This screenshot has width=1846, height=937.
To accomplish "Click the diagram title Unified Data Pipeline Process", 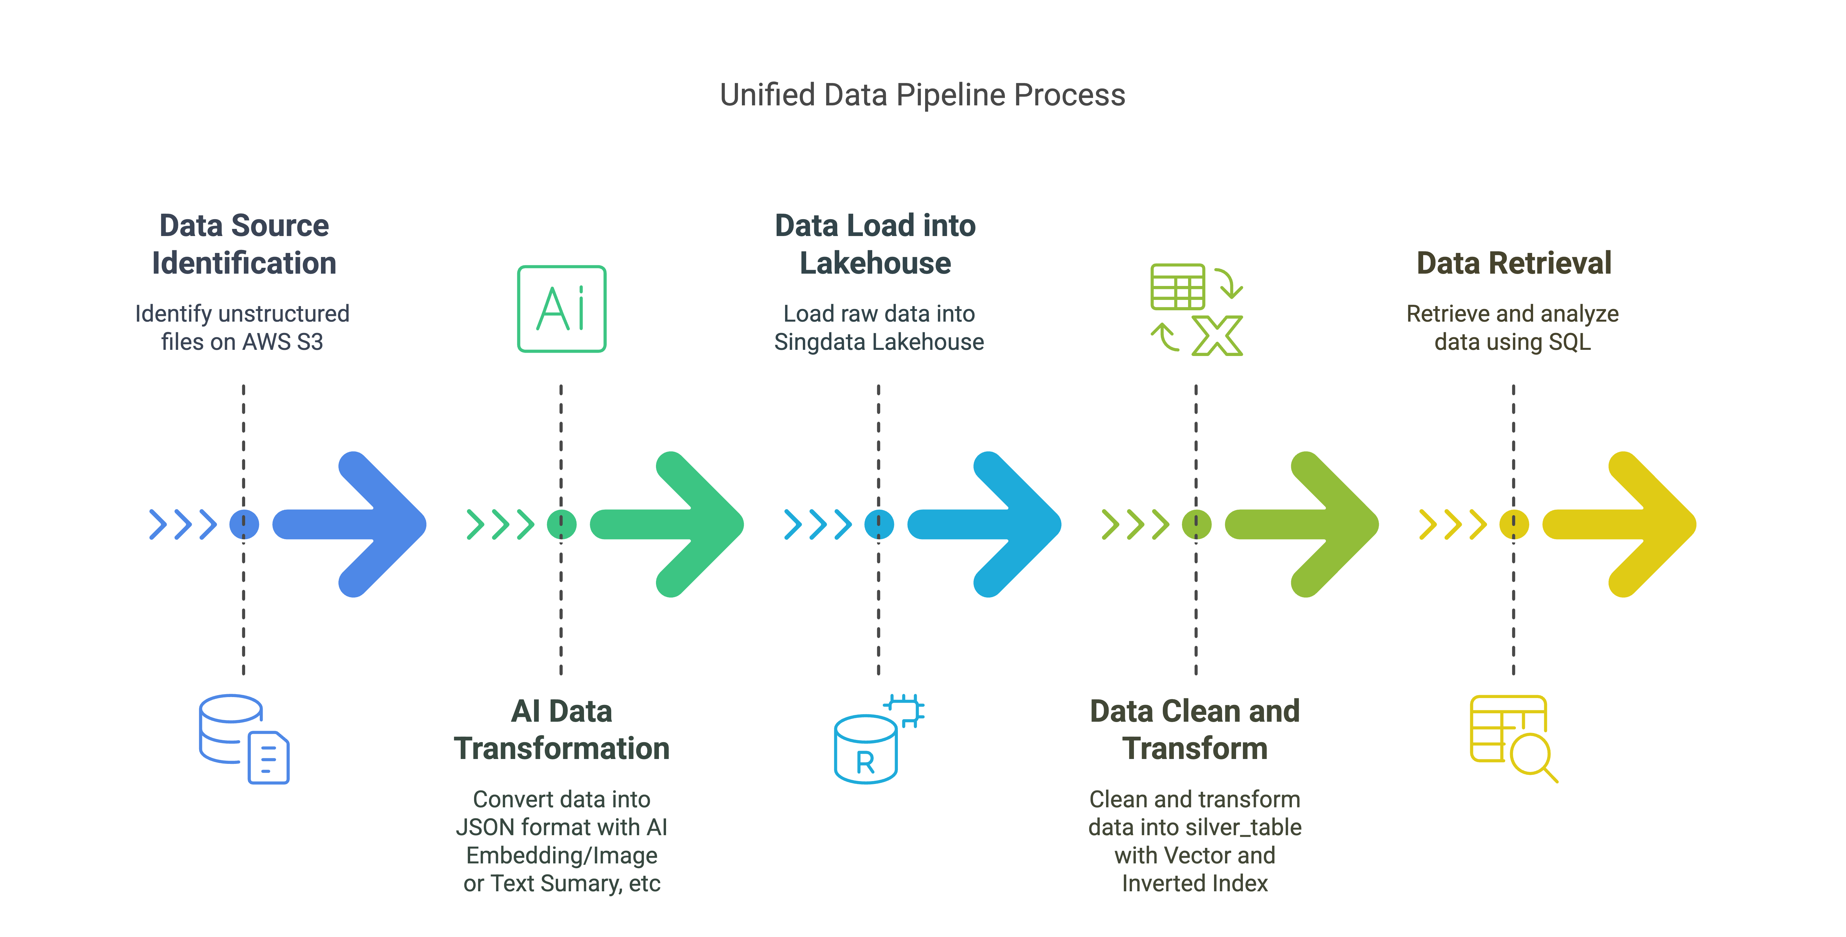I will [922, 95].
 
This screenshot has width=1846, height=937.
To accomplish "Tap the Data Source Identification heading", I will [244, 244].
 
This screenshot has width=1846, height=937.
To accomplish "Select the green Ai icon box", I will [562, 309].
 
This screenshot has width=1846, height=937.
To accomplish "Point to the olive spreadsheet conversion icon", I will [1196, 309].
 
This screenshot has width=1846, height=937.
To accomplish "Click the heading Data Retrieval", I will [1514, 263].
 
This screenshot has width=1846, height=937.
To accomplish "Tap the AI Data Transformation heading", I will [562, 729].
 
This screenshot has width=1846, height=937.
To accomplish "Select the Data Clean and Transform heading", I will [1195, 729].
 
